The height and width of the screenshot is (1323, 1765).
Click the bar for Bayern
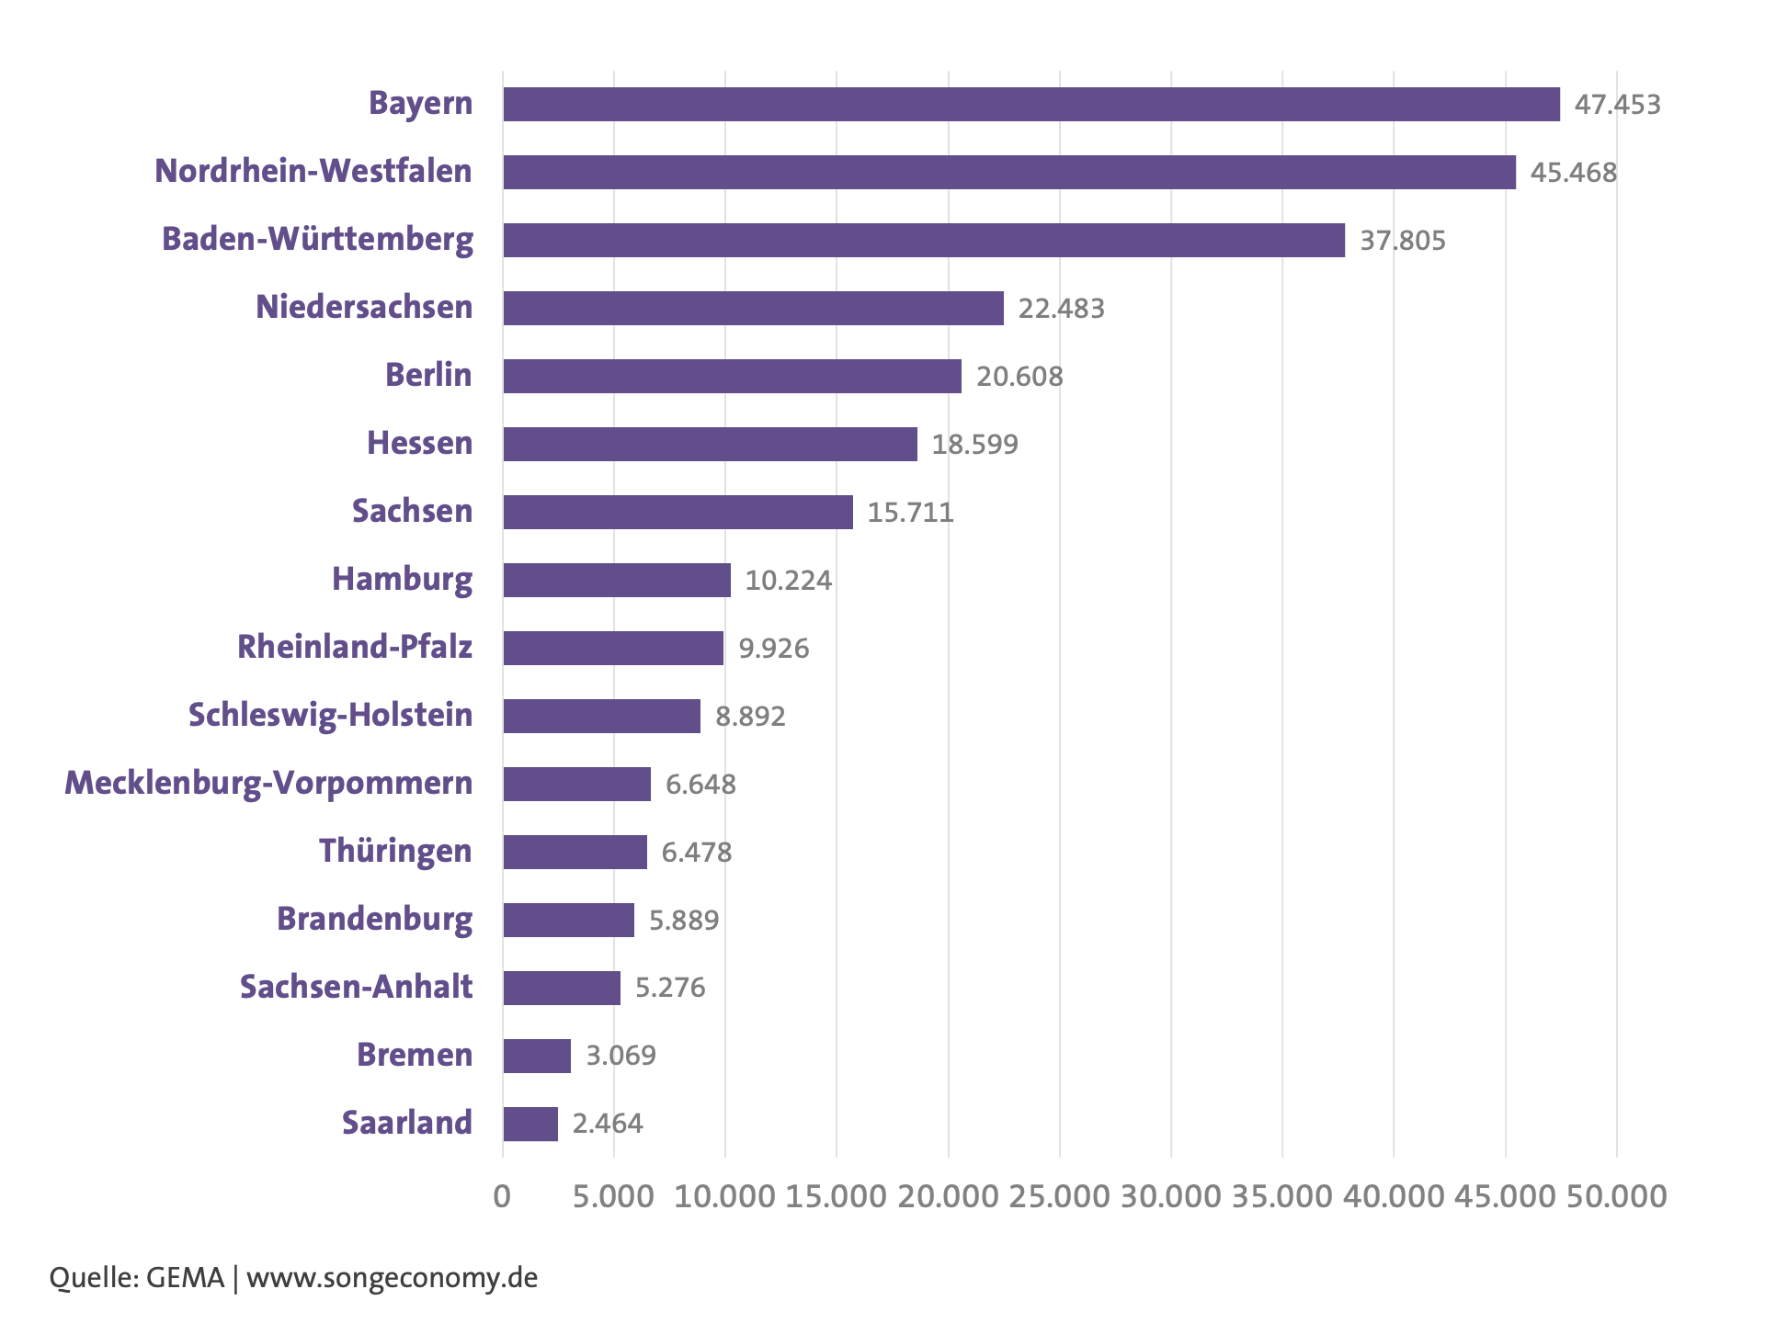click(1031, 104)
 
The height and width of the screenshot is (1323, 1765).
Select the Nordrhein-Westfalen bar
click(1009, 172)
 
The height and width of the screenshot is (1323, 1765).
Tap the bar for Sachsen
click(678, 512)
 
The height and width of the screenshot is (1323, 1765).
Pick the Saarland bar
click(530, 1124)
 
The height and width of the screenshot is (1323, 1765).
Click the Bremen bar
click(537, 1056)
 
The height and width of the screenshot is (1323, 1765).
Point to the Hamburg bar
click(617, 580)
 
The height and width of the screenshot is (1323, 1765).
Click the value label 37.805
click(1403, 241)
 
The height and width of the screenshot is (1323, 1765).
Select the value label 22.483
click(1061, 309)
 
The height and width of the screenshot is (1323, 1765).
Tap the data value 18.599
click(975, 445)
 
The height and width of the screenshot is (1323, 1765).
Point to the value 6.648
click(700, 785)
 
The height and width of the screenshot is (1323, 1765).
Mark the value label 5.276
click(670, 988)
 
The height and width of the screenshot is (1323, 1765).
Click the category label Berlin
click(428, 375)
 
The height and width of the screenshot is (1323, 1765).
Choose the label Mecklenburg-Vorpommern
click(268, 784)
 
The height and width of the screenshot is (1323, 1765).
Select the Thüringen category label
click(395, 852)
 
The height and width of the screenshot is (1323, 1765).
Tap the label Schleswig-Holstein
click(331, 716)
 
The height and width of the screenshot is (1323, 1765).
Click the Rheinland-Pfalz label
click(355, 647)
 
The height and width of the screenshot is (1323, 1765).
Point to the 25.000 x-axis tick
click(1060, 1196)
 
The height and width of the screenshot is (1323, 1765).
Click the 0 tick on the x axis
click(502, 1196)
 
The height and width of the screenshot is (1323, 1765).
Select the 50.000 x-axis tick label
click(1617, 1196)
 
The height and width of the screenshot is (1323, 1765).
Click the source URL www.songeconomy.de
click(393, 1278)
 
